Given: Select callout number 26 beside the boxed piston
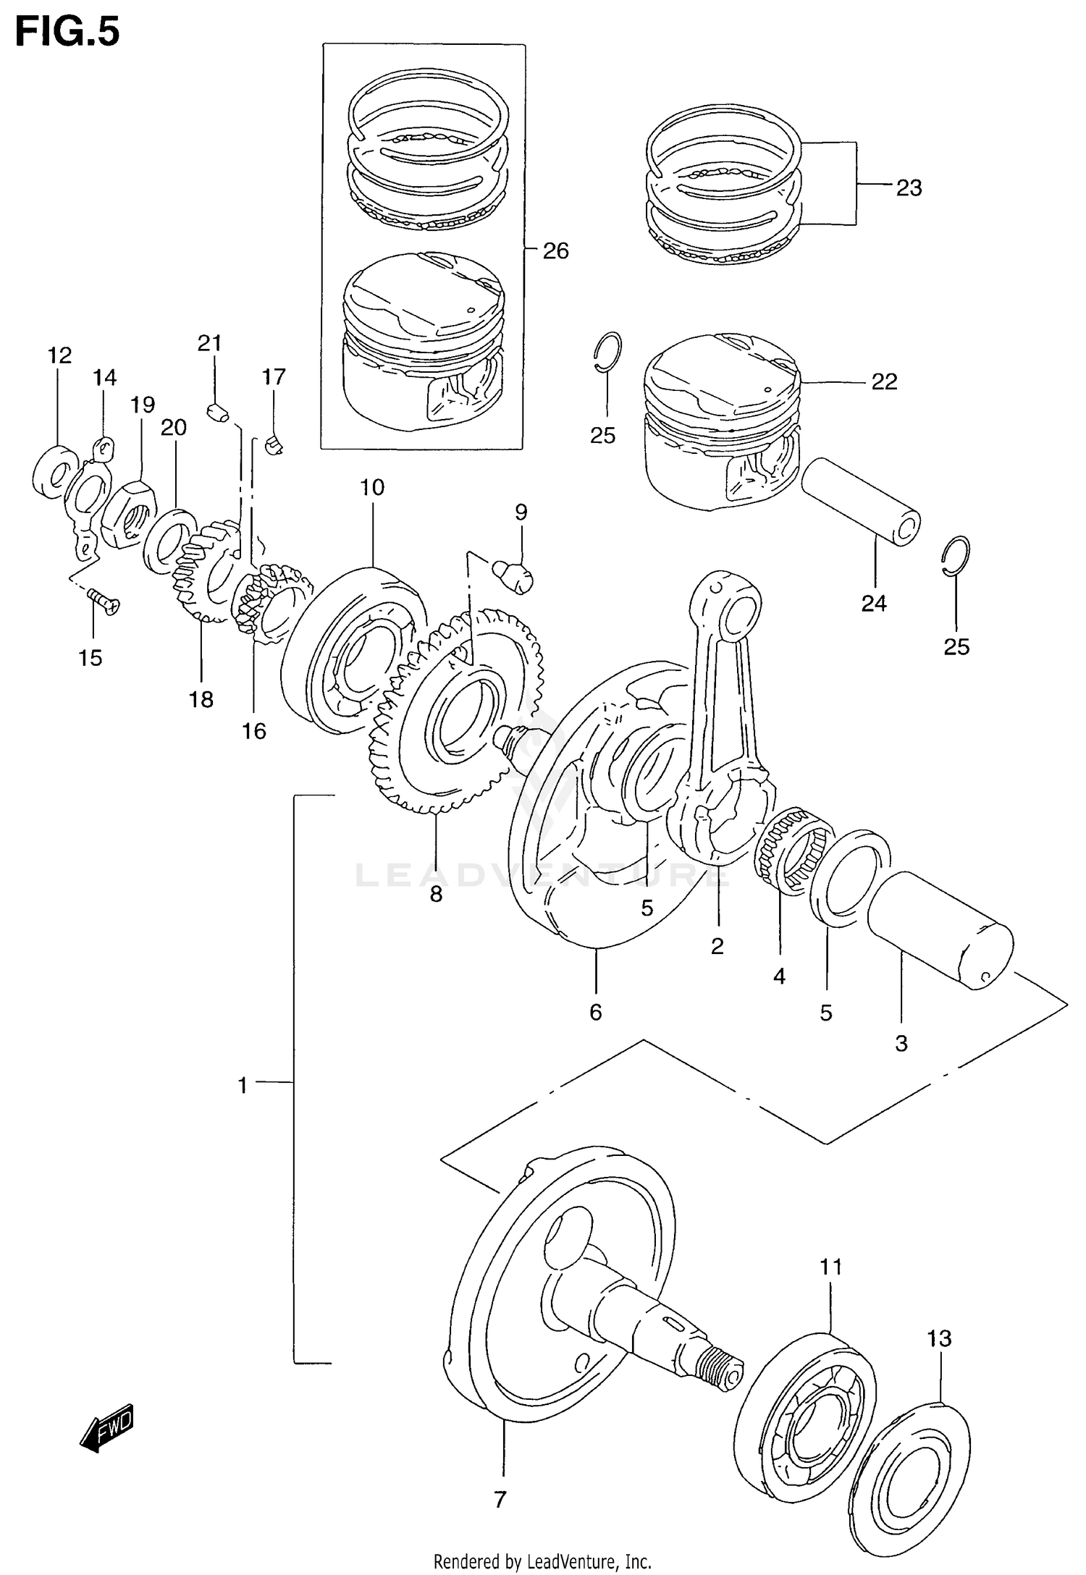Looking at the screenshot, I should [555, 251].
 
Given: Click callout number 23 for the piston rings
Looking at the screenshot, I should [909, 188].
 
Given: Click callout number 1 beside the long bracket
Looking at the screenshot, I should [243, 1086].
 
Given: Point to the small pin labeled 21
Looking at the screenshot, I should [216, 413].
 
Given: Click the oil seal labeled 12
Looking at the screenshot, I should [55, 471].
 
